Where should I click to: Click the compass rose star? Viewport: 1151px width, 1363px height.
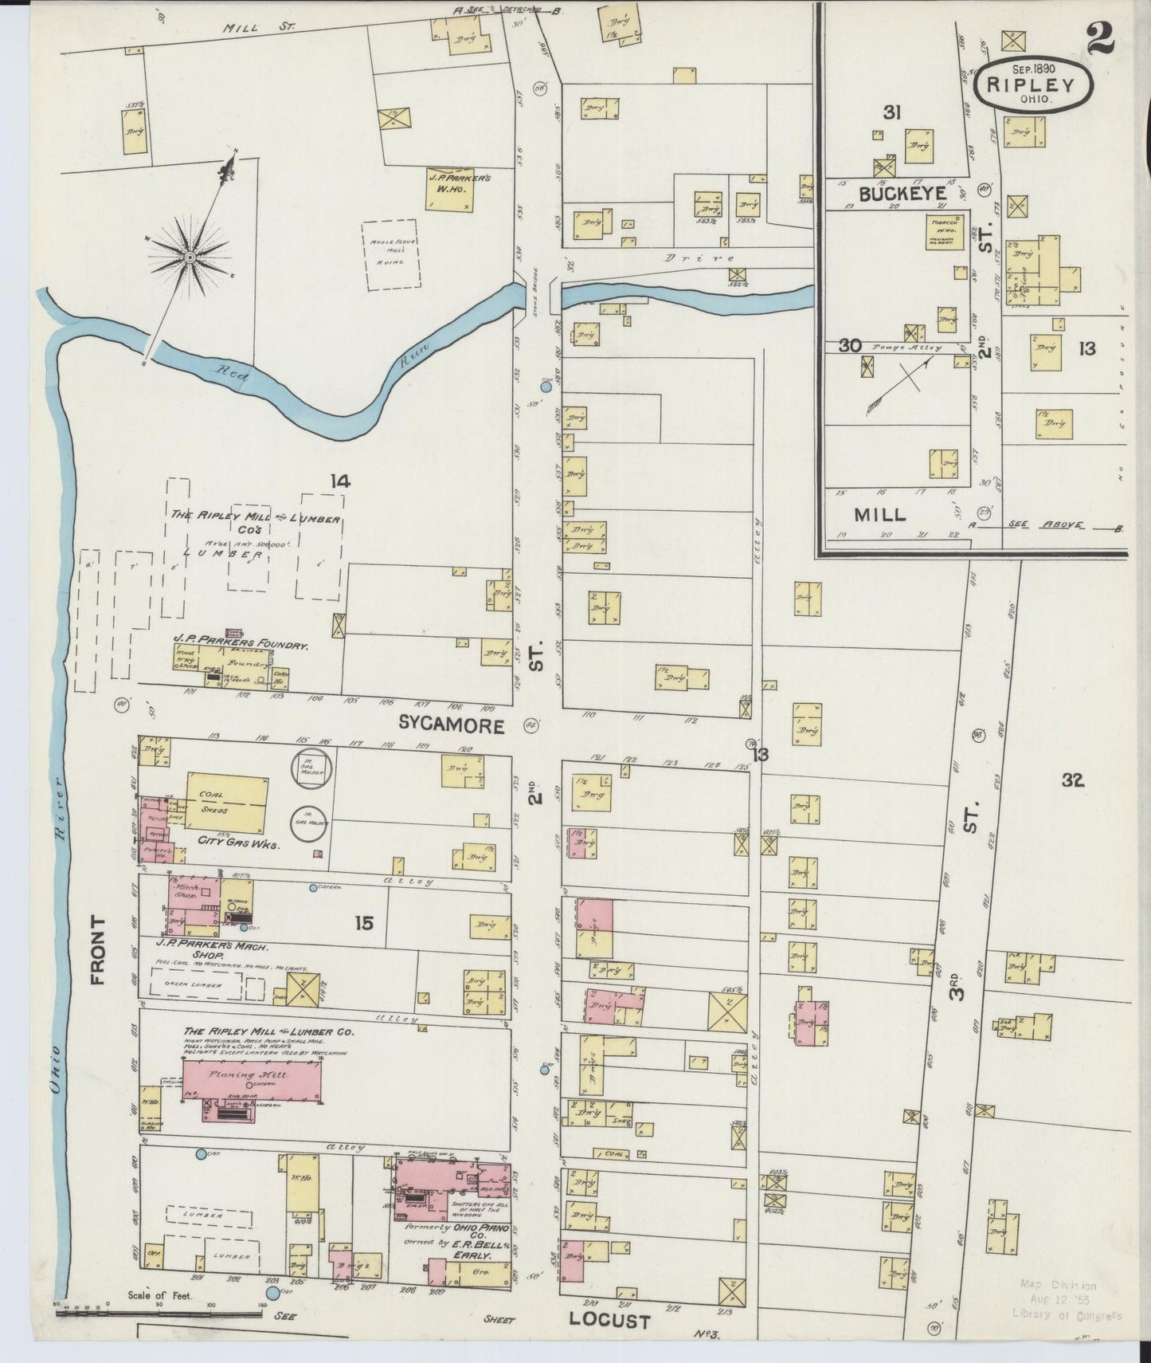(190, 257)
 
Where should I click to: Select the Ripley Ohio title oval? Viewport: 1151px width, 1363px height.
(1041, 86)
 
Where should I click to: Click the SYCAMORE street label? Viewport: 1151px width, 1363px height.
(452, 725)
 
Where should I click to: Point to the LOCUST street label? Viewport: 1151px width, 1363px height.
(609, 1321)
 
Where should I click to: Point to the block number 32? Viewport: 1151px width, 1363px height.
(1072, 781)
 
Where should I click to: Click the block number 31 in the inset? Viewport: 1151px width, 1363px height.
(891, 113)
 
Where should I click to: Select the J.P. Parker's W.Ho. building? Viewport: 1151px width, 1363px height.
(457, 190)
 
